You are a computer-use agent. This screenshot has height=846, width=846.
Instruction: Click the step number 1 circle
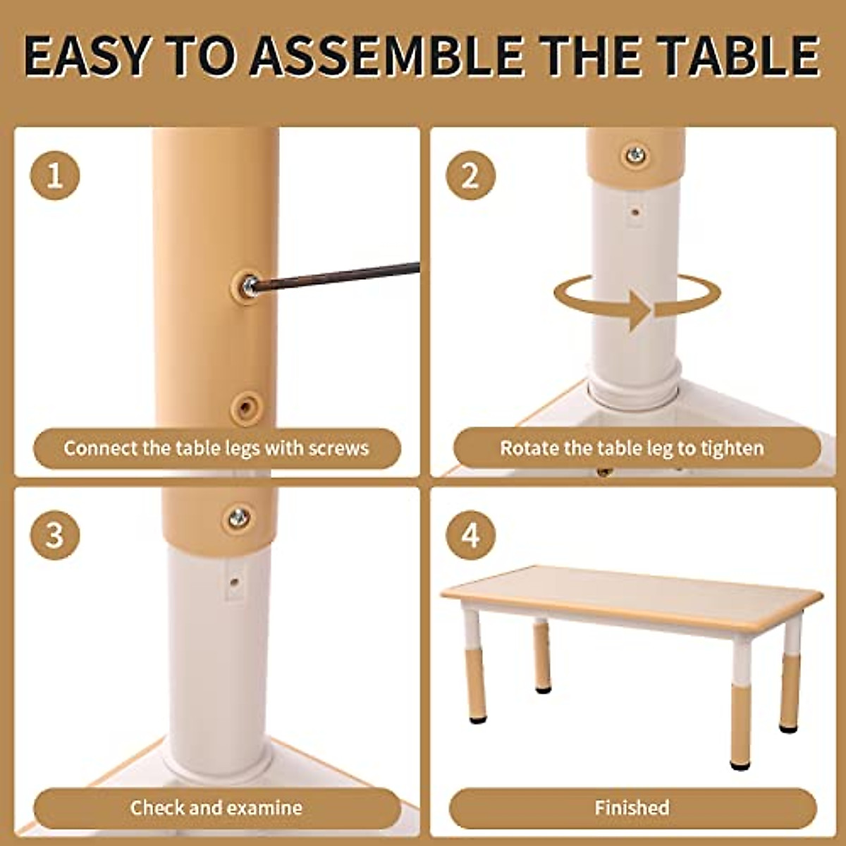pos(54,175)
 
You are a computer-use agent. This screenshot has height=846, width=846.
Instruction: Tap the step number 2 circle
pos(470,175)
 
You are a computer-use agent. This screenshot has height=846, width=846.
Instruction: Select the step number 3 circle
pos(54,535)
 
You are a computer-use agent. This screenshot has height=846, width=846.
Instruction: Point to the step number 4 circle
pos(470,535)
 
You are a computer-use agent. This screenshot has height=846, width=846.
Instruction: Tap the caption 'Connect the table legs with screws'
pos(216,448)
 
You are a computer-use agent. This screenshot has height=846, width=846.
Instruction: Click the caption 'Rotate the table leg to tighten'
pos(632,448)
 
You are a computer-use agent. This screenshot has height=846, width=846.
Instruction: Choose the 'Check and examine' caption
pos(216,808)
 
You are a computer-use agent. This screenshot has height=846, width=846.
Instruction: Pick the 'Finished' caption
pos(632,808)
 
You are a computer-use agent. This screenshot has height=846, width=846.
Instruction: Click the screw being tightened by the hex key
pos(248,286)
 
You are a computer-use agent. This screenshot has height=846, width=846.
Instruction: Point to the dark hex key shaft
pos(338,276)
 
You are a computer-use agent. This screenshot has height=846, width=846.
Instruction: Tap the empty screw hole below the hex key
pos(246,407)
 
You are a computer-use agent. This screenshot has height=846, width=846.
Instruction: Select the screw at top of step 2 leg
pos(635,154)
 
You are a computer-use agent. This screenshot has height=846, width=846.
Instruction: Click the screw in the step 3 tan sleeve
pos(238,518)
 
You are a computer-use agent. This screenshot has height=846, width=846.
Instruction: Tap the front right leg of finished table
pos(741,705)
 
